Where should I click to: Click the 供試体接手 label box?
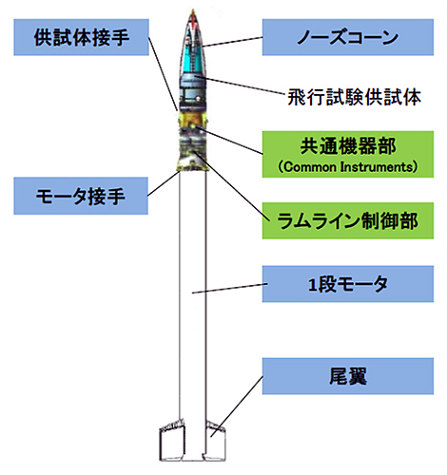point(81,37)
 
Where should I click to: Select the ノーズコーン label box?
point(348,37)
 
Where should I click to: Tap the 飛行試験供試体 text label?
point(354,97)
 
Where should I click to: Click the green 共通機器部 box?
point(348,154)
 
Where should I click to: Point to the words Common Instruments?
point(347,167)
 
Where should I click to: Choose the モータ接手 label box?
point(81,196)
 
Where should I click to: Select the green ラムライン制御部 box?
point(348,220)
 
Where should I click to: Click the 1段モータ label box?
point(348,284)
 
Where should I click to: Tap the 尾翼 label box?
point(348,376)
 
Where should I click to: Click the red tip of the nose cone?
point(193,14)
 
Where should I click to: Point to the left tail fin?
point(172,440)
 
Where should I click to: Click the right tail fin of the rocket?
point(214,441)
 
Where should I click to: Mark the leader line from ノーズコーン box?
point(233,42)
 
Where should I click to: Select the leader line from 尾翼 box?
point(237,407)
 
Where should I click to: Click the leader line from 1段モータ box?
point(230,289)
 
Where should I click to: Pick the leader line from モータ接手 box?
point(163,183)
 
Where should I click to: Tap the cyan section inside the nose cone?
point(193,60)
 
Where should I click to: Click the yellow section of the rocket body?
point(193,121)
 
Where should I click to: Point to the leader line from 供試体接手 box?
point(163,74)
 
